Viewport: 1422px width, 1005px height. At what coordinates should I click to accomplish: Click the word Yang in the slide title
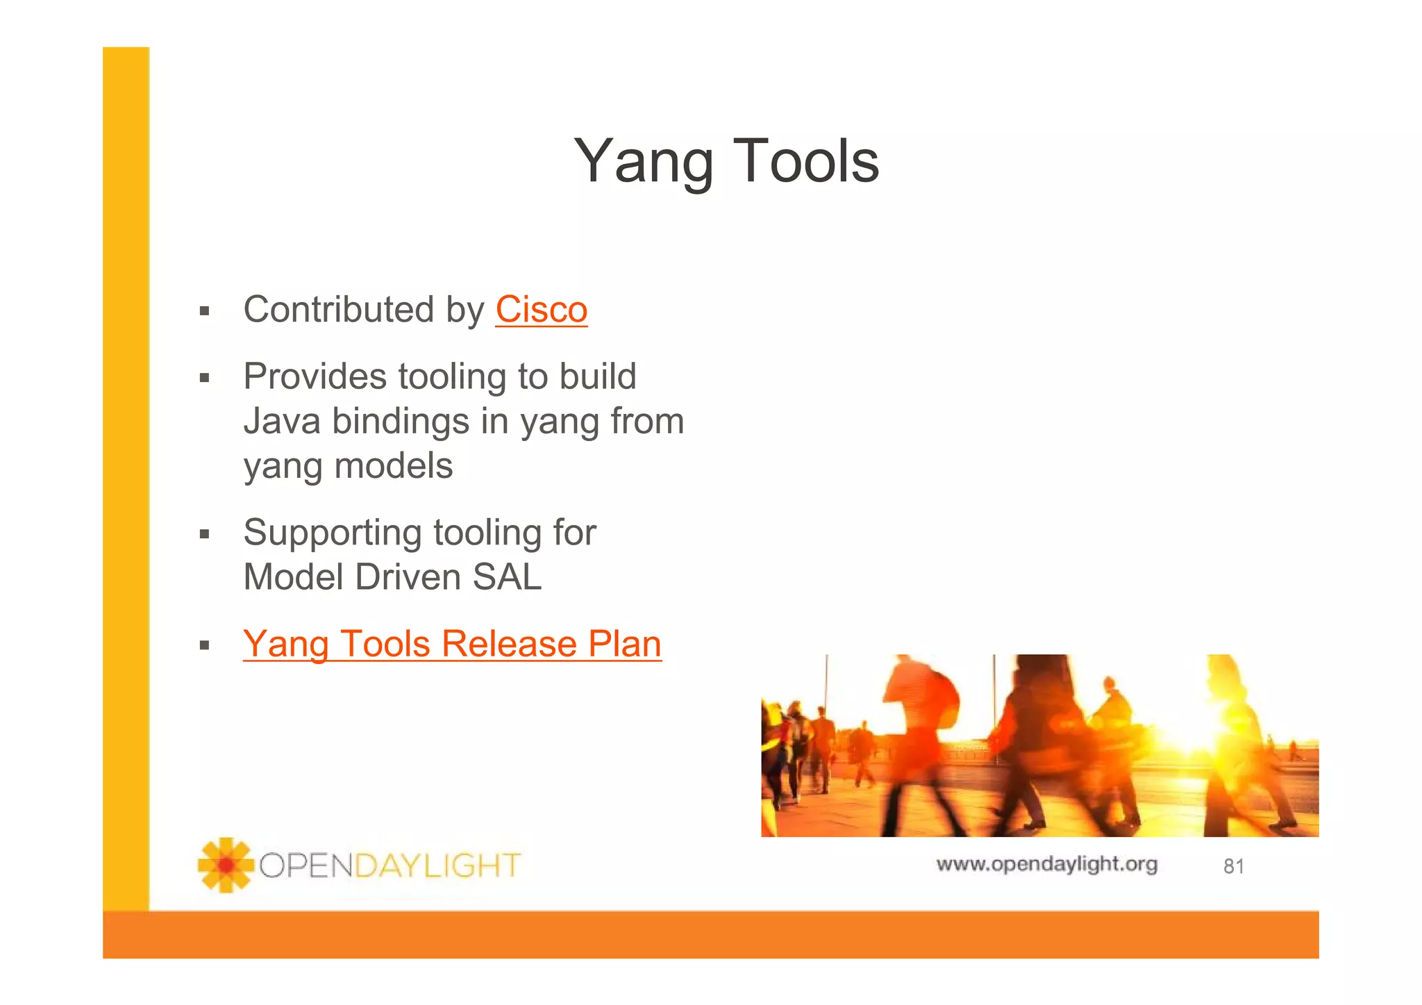pyautogui.click(x=643, y=163)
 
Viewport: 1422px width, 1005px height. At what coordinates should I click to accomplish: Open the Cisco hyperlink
pyautogui.click(x=541, y=310)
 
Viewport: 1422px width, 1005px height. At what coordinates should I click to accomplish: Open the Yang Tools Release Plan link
pyautogui.click(x=452, y=644)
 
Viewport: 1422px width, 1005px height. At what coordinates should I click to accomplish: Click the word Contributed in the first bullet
pyautogui.click(x=338, y=309)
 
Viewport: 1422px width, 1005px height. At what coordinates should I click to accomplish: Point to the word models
pyautogui.click(x=393, y=465)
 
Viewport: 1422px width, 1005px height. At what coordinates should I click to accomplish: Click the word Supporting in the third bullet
pyautogui.click(x=332, y=533)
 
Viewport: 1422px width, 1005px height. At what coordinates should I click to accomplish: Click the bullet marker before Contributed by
pyautogui.click(x=204, y=311)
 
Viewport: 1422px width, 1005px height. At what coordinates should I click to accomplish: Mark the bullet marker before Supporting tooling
pyautogui.click(x=204, y=534)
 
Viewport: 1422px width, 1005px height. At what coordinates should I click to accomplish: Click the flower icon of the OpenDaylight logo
pyautogui.click(x=226, y=865)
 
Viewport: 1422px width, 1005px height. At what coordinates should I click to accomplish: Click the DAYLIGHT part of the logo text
pyautogui.click(x=437, y=866)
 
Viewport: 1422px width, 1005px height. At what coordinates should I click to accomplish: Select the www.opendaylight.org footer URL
pyautogui.click(x=1046, y=864)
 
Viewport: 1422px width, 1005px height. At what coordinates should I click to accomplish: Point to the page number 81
pyautogui.click(x=1233, y=866)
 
